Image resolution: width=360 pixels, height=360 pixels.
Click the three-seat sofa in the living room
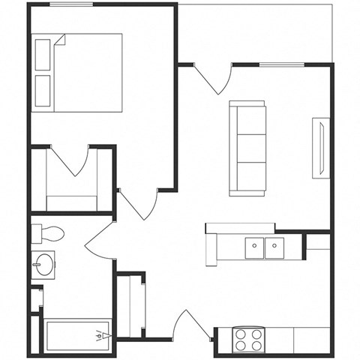[247, 148]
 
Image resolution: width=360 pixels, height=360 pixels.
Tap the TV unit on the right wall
[320, 148]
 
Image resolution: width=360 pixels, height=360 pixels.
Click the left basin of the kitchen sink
[255, 245]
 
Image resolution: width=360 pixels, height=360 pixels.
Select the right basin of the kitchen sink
[275, 245]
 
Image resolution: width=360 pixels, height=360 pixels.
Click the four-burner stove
[250, 339]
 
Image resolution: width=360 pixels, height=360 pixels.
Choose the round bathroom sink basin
[43, 263]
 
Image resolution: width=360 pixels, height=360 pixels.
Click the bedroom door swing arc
[139, 202]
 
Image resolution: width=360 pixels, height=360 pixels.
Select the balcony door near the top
[214, 78]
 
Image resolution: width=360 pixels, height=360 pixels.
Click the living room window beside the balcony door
[281, 65]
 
